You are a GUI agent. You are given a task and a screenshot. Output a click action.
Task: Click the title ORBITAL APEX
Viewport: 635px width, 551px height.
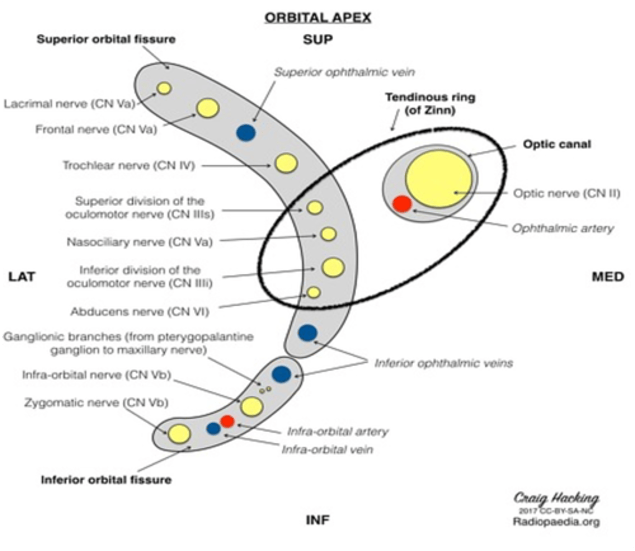pos(317,17)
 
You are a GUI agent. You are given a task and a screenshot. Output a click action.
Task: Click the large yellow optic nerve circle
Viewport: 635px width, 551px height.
pos(438,179)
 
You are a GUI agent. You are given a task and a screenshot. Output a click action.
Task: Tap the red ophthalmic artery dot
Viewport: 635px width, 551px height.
pos(402,204)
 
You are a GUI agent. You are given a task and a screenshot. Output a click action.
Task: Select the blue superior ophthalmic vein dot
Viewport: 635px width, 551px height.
pos(246,133)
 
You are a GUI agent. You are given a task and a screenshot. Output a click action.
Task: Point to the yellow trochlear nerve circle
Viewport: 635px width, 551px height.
pos(286,163)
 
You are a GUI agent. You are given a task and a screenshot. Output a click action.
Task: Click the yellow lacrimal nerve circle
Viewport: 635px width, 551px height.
pos(164,88)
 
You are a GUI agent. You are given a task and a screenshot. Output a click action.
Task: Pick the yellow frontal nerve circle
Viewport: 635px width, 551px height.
pos(208,108)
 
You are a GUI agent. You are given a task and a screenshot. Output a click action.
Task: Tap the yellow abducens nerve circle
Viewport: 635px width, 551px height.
pos(313,292)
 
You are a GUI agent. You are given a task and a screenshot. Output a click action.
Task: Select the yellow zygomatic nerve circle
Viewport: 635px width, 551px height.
pos(179,434)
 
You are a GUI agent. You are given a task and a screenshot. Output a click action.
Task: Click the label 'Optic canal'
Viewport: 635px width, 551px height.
pos(557,144)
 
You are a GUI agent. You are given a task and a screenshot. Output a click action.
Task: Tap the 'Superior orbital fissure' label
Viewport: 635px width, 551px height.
pos(106,39)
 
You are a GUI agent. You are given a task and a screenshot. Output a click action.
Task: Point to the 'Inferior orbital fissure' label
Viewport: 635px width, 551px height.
pos(106,480)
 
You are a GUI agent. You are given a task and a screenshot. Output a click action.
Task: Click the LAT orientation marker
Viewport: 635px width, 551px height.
pos(22,276)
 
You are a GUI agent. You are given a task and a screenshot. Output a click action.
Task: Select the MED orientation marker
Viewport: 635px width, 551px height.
pos(608,276)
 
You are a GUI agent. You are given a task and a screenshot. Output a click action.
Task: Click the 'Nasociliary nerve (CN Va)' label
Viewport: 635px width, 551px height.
pos(140,242)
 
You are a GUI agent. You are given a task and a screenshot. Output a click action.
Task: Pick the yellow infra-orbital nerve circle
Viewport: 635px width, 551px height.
pos(252,406)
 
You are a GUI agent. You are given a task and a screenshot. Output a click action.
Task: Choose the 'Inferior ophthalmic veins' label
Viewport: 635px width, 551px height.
pos(443,363)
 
